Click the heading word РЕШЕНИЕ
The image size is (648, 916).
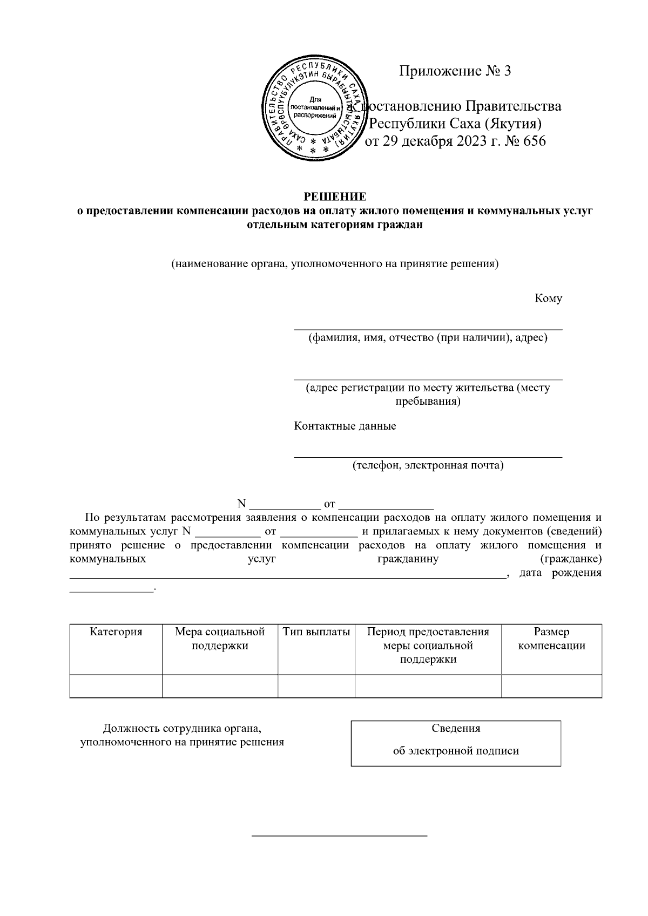click(335, 196)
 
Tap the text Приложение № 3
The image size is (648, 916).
click(455, 71)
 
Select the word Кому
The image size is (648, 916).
click(548, 298)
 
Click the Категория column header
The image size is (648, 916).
click(116, 632)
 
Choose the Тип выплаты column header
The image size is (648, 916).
click(316, 632)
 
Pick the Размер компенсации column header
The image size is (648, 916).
click(551, 639)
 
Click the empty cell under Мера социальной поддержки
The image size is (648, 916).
click(220, 686)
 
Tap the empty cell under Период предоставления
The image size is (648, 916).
click(428, 686)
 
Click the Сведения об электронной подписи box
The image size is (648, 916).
click(456, 743)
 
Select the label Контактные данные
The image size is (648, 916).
click(345, 426)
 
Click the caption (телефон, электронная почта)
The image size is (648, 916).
click(428, 465)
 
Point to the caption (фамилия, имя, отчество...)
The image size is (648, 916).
click(428, 338)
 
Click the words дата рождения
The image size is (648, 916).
click(560, 573)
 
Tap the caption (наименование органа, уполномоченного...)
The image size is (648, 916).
click(335, 264)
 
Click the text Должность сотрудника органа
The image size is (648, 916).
click(182, 728)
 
